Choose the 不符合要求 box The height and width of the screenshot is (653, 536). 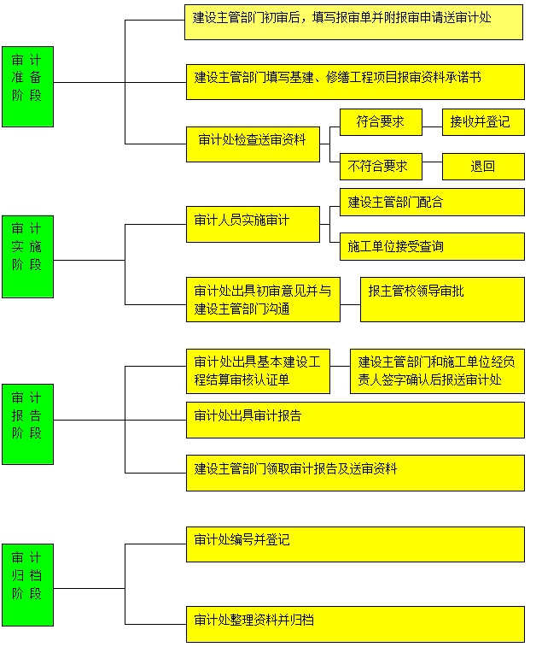point(374,166)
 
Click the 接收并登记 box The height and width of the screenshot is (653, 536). point(483,121)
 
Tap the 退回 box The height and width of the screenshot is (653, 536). point(483,166)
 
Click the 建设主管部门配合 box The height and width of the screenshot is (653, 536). point(432,202)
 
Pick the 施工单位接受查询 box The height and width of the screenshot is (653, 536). point(432,246)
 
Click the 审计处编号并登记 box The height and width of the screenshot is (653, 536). point(355,544)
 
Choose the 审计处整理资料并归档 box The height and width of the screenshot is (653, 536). point(355,623)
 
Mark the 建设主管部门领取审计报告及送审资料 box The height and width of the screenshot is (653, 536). point(355,473)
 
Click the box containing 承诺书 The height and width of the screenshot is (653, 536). point(354,80)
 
